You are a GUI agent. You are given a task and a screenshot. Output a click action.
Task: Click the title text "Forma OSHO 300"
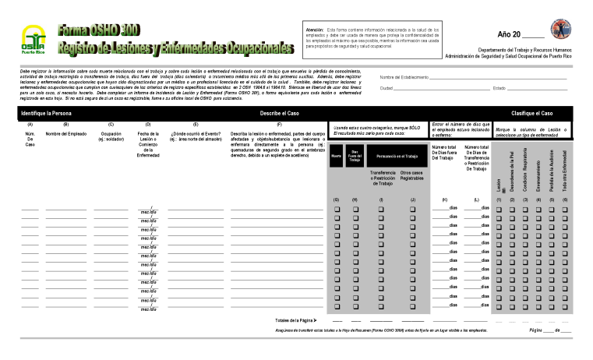click(x=98, y=30)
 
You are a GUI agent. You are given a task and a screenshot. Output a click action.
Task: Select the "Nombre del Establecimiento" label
click(x=404, y=77)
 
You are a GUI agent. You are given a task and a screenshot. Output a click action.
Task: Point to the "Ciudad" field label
click(x=387, y=88)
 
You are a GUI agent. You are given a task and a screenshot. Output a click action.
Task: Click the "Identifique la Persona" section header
click(x=48, y=113)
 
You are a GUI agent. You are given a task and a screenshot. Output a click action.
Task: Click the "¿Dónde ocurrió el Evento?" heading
click(x=196, y=134)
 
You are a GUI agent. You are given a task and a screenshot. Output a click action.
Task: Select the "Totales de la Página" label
click(x=295, y=319)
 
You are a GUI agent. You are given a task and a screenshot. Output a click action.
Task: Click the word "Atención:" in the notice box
click(x=315, y=30)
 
